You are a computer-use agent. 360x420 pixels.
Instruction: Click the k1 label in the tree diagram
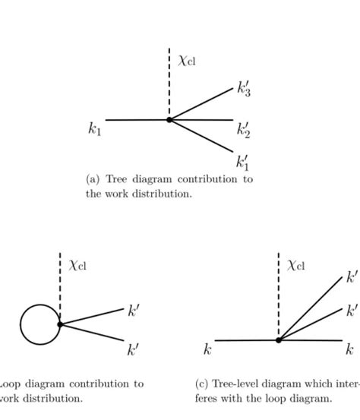(x=94, y=129)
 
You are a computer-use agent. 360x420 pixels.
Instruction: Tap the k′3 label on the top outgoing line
(x=244, y=90)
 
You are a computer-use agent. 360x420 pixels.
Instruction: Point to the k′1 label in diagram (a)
(x=243, y=162)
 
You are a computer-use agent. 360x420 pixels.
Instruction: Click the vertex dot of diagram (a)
(x=169, y=119)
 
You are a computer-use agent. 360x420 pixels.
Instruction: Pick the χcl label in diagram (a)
(x=188, y=59)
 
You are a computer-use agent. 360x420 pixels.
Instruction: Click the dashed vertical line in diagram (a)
(x=169, y=84)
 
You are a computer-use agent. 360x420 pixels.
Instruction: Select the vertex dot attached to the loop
(x=59, y=324)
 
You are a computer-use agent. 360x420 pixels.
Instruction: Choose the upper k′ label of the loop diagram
(x=133, y=311)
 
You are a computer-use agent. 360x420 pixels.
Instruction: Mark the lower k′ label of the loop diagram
(x=133, y=349)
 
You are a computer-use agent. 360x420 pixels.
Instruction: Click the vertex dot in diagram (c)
(x=279, y=339)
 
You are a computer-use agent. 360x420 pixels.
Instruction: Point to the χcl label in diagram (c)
(x=297, y=265)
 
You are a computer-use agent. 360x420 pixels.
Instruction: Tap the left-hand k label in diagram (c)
(x=207, y=349)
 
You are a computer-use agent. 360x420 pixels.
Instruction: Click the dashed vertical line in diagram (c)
(x=279, y=296)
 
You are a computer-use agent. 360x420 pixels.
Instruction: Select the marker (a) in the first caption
(x=93, y=179)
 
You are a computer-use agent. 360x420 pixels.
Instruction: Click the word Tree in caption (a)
(x=118, y=179)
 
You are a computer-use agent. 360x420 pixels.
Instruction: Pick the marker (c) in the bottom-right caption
(x=201, y=384)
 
